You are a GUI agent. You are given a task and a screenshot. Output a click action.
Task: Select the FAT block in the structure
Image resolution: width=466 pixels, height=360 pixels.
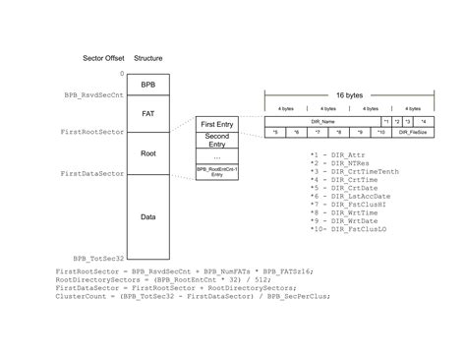pyautogui.click(x=147, y=113)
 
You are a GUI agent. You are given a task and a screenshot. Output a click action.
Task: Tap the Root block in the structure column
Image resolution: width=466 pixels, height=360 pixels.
pyautogui.click(x=147, y=152)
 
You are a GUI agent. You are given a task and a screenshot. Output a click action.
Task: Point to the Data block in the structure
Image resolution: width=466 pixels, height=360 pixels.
pyautogui.click(x=147, y=216)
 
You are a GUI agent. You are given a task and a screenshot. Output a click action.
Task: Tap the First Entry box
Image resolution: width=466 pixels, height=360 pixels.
pyautogui.click(x=216, y=125)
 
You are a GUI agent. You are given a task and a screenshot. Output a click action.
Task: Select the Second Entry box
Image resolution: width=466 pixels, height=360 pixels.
pyautogui.click(x=216, y=142)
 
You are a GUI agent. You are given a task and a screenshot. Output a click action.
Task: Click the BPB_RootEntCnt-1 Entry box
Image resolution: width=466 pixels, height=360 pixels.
pyautogui.click(x=216, y=171)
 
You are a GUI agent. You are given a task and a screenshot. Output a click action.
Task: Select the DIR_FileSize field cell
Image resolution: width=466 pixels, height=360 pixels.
pyautogui.click(x=412, y=131)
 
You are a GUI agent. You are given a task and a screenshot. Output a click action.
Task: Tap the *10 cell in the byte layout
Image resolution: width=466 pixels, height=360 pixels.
pyautogui.click(x=380, y=131)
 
